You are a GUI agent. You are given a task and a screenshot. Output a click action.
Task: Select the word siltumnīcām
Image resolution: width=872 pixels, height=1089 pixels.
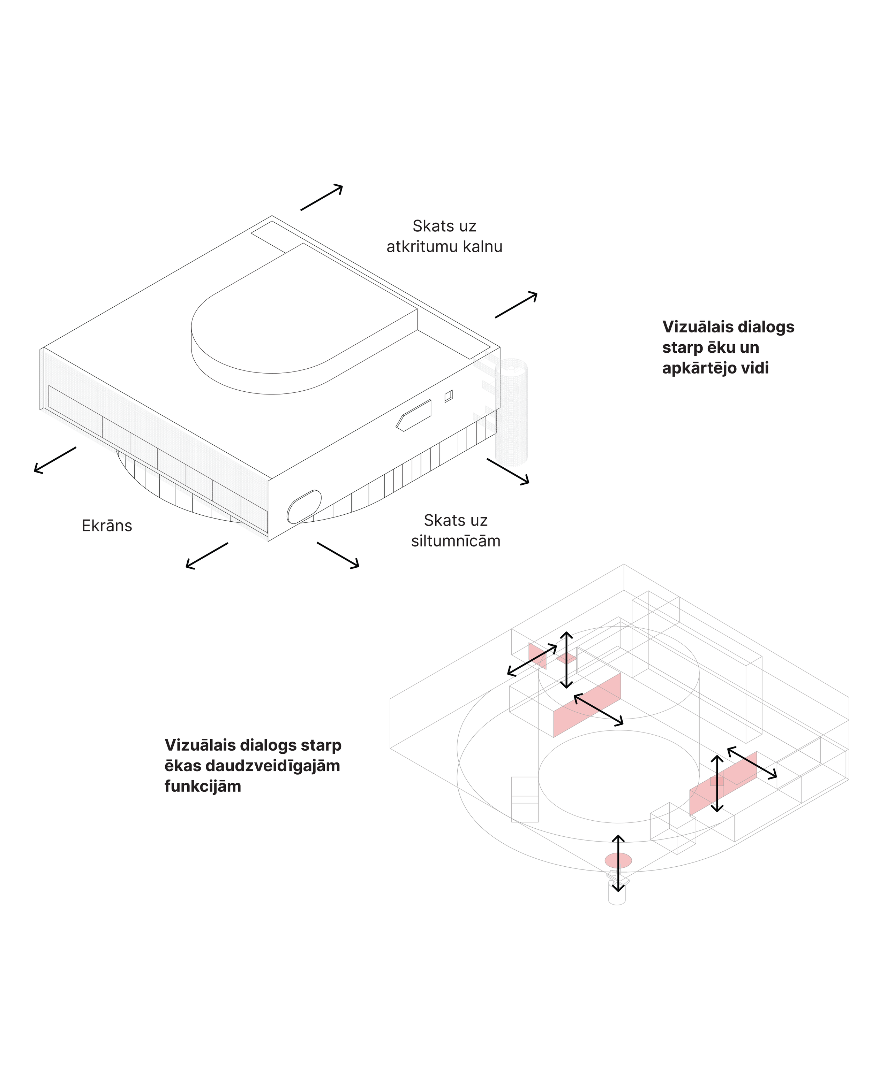click(456, 541)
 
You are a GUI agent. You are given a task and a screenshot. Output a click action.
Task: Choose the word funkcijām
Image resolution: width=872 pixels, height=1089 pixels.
click(203, 787)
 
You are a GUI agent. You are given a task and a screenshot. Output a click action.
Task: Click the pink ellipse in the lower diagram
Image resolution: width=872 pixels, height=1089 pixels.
click(618, 860)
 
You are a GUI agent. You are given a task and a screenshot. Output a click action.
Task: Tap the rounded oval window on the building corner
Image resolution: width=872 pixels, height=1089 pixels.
click(304, 506)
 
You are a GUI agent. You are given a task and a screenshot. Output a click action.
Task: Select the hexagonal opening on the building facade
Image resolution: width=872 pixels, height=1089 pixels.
click(414, 415)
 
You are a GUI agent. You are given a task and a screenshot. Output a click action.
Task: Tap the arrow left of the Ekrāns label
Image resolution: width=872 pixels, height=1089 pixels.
click(55, 460)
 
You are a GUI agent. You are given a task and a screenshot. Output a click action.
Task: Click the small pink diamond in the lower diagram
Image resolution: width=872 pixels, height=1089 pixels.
click(566, 658)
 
